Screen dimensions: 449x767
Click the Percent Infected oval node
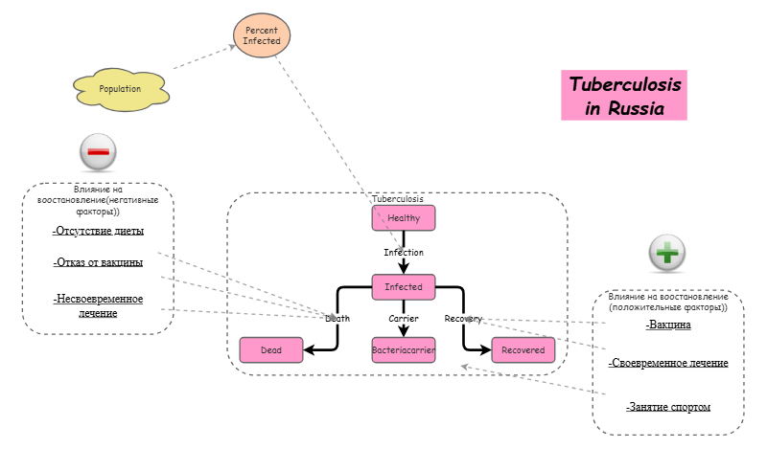(x=262, y=36)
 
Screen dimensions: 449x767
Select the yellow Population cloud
(x=120, y=89)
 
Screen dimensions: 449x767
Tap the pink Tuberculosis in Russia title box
(x=625, y=97)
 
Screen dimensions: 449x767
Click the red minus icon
(x=98, y=151)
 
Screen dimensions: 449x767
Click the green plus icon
(x=667, y=254)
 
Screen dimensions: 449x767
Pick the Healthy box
(x=404, y=218)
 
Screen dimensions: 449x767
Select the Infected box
(x=404, y=286)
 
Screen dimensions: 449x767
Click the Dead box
(x=271, y=350)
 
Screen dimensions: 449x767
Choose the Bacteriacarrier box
(x=404, y=350)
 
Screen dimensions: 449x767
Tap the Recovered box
(x=523, y=350)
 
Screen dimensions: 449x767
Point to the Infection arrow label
(x=404, y=253)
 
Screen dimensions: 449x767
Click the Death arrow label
(x=338, y=319)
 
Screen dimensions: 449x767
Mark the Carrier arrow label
(x=404, y=319)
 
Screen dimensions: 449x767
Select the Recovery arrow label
(x=463, y=319)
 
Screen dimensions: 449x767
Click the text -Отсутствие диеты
(x=98, y=231)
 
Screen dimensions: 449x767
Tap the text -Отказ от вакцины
(x=98, y=262)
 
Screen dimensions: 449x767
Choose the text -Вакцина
(x=668, y=325)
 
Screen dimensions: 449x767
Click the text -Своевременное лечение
(x=668, y=363)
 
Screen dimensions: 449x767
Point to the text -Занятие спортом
(x=668, y=407)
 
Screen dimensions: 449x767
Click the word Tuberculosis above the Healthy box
(x=404, y=199)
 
